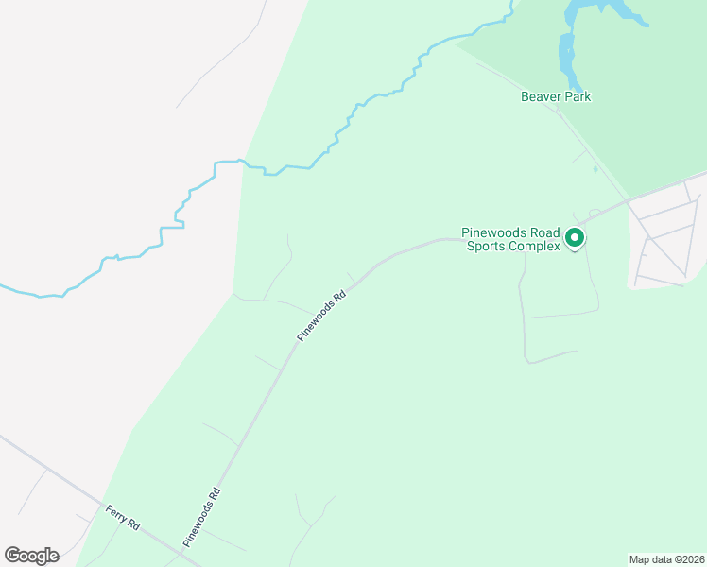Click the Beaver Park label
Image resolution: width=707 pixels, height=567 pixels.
pos(556,96)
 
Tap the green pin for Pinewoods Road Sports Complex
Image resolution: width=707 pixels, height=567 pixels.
pos(574,241)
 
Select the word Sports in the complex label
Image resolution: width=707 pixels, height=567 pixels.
pos(483,247)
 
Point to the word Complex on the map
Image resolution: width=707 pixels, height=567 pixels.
pos(532,247)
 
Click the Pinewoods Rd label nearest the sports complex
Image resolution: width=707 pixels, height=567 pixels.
pos(323,316)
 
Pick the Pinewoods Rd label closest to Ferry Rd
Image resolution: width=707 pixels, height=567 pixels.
pos(202,517)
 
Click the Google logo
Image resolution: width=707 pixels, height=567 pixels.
pos(31,556)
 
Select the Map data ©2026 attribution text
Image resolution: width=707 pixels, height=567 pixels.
pos(666,558)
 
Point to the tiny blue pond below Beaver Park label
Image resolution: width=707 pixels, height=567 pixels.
pos(595,169)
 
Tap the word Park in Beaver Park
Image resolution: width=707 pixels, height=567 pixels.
pos(577,96)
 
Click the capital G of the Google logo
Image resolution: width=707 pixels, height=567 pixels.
pos(12,556)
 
